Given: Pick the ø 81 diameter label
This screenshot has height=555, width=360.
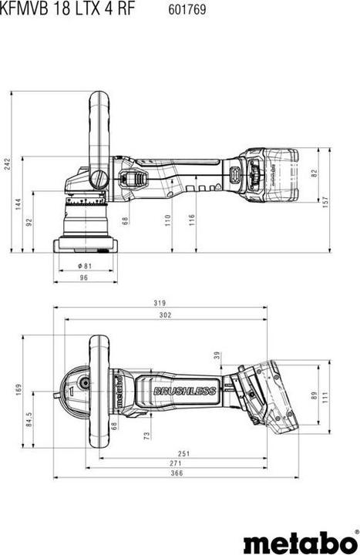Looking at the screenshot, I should coord(85,266).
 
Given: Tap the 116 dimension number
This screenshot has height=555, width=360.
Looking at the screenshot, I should coord(191,220).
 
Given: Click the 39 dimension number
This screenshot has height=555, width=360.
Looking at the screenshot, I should coord(217,355).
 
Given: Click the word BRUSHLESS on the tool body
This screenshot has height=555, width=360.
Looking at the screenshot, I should coord(183,392).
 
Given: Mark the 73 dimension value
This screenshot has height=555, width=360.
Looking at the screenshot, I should coord(146,436).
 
